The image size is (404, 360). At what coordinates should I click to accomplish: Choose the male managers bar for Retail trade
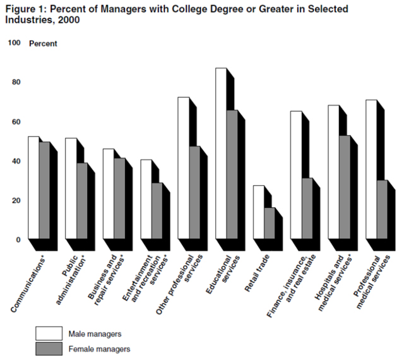point(259,212)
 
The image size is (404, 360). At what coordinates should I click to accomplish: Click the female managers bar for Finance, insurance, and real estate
point(307,208)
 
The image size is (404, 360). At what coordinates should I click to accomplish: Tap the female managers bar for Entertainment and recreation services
point(157,211)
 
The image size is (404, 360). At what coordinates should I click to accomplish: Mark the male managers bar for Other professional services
point(183,168)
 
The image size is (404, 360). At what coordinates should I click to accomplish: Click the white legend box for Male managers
point(47,333)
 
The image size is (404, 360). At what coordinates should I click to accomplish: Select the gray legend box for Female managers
point(47,348)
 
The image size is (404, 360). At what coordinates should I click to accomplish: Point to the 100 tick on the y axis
point(15,43)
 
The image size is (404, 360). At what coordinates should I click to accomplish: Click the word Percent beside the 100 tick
point(43,44)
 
